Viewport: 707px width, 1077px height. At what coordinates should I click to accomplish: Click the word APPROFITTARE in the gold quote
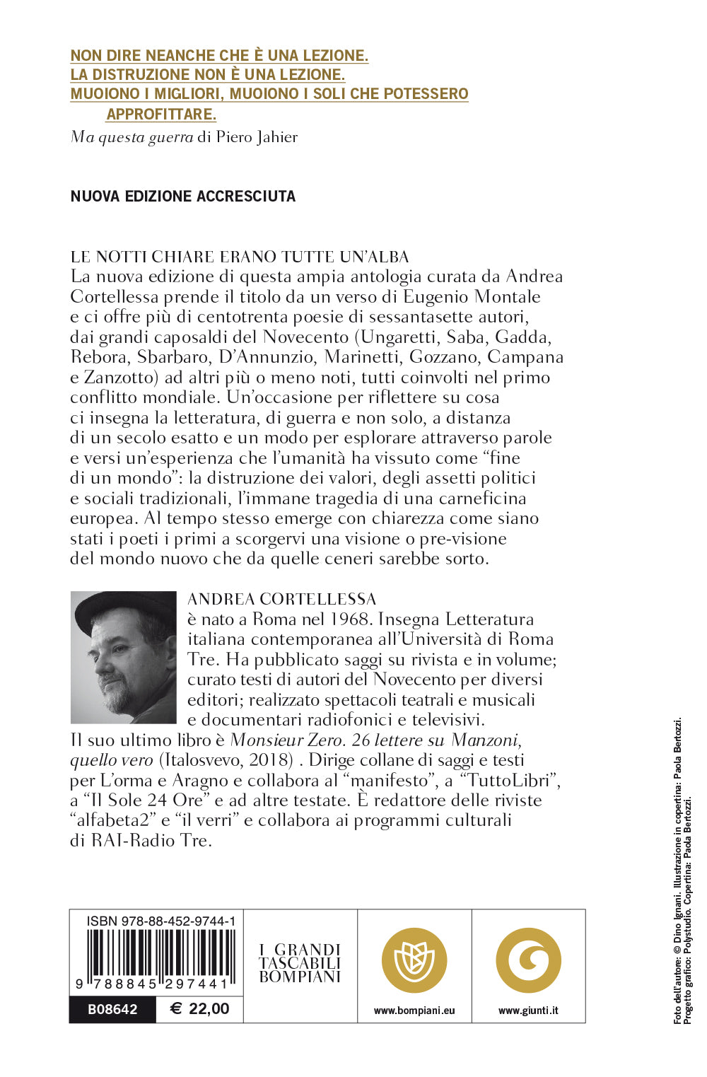click(161, 114)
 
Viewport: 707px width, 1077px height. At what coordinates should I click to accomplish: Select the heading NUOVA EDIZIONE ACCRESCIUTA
click(182, 197)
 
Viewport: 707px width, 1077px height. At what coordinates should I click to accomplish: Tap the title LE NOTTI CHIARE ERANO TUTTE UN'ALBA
click(240, 257)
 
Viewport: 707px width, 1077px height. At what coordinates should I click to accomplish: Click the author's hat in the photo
click(124, 606)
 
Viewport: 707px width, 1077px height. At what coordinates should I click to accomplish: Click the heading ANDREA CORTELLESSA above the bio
click(281, 600)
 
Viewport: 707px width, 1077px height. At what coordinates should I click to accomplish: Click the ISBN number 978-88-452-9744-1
click(161, 921)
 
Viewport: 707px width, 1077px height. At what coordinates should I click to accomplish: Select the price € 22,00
click(200, 1009)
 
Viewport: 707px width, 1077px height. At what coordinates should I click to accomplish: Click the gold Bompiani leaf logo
click(414, 960)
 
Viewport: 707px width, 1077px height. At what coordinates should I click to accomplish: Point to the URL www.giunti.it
click(528, 1011)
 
